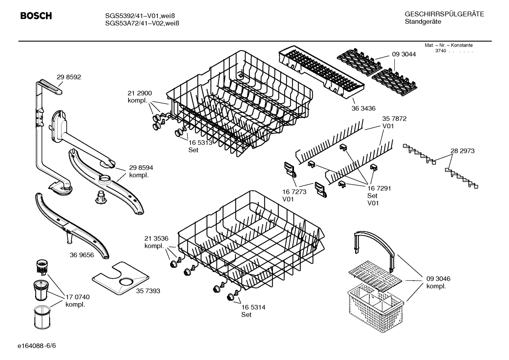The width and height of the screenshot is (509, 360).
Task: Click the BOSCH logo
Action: [36, 16]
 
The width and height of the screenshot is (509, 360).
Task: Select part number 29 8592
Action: [69, 77]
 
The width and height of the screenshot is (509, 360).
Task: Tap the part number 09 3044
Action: [403, 54]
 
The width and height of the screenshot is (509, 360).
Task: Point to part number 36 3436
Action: [363, 108]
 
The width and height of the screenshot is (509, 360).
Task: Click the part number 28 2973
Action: [462, 151]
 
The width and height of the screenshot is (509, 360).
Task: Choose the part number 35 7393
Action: [148, 291]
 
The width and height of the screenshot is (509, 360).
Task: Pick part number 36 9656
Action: [82, 255]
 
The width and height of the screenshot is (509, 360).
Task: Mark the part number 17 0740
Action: [78, 297]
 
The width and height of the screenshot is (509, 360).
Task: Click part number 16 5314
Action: [253, 307]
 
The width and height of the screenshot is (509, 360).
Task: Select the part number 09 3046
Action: [438, 279]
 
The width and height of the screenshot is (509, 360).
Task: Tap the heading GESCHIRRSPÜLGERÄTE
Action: [444, 14]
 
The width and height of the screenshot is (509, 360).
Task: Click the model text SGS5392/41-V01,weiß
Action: [140, 16]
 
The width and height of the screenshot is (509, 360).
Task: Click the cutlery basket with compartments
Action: [375, 304]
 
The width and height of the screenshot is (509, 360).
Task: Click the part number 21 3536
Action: [156, 238]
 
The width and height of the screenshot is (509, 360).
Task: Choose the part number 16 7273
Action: [294, 192]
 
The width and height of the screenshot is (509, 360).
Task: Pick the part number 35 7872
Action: [394, 119]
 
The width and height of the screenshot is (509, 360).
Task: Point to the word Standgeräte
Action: [423, 22]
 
